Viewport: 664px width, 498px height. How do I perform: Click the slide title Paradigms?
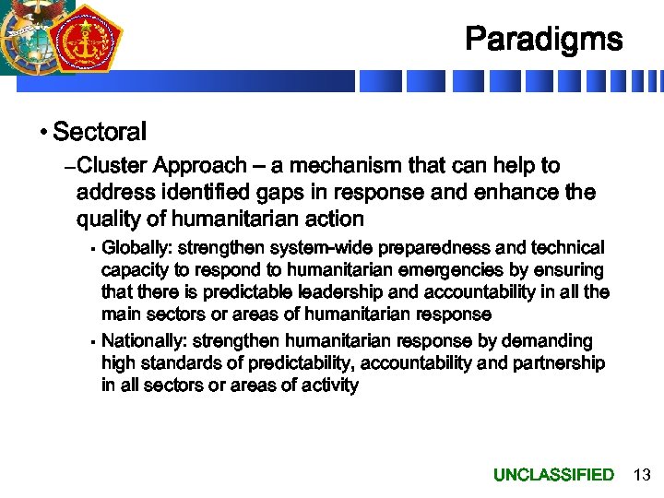tap(543, 40)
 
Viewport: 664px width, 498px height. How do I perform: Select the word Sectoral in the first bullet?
tap(100, 132)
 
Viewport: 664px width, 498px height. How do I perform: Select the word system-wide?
tap(316, 248)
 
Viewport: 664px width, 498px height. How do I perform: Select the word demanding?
tap(550, 341)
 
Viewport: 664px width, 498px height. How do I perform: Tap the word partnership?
tap(557, 363)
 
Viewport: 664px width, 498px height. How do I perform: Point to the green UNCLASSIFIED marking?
tap(553, 475)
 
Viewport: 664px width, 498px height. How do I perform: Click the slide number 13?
tap(642, 475)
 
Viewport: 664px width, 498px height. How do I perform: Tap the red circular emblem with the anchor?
tap(87, 40)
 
